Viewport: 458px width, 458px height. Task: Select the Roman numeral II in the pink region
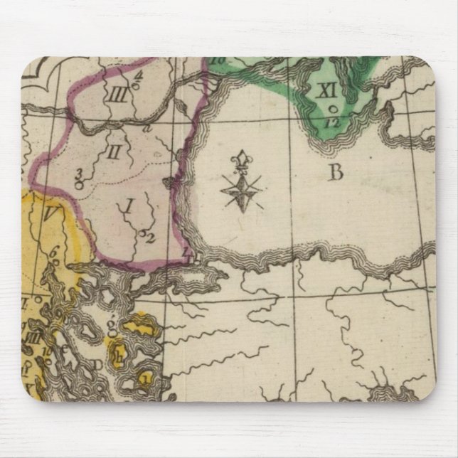[x=113, y=151]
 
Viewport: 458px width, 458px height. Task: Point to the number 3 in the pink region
[x=78, y=173]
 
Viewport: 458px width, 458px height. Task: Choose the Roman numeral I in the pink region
[x=129, y=206]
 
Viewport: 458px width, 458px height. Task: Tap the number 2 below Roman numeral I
[x=151, y=238]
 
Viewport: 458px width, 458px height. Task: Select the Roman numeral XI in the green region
[x=326, y=90]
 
